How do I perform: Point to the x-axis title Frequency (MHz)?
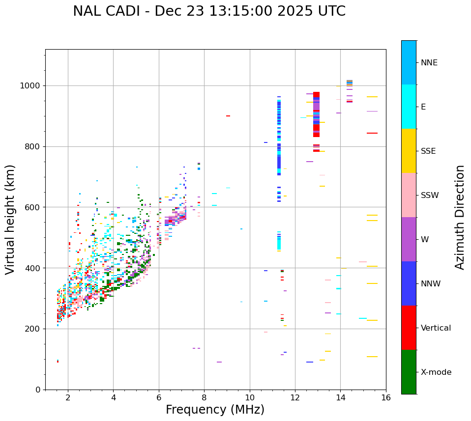(x=215, y=410)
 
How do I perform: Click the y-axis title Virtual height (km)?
(x=10, y=219)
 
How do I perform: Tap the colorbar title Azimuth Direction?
(x=460, y=217)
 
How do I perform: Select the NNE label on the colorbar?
(x=429, y=63)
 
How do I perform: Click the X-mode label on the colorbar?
(x=436, y=372)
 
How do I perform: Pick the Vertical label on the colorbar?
(x=436, y=328)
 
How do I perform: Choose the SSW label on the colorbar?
(x=430, y=196)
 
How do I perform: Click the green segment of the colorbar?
(x=409, y=372)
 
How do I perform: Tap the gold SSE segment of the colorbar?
(x=409, y=151)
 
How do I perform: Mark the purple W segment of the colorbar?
(x=409, y=239)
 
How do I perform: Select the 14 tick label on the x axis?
(x=340, y=397)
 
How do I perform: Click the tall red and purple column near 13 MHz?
(x=316, y=114)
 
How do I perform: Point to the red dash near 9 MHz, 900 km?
(x=228, y=116)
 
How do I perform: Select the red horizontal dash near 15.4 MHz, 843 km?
(x=372, y=133)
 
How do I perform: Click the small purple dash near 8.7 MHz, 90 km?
(x=219, y=362)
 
